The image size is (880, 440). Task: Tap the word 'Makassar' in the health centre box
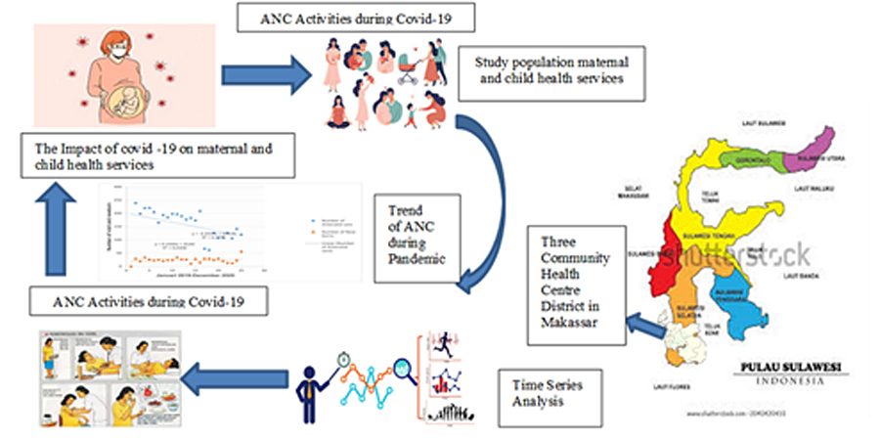(564, 324)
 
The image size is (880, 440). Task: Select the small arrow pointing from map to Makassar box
(642, 322)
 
